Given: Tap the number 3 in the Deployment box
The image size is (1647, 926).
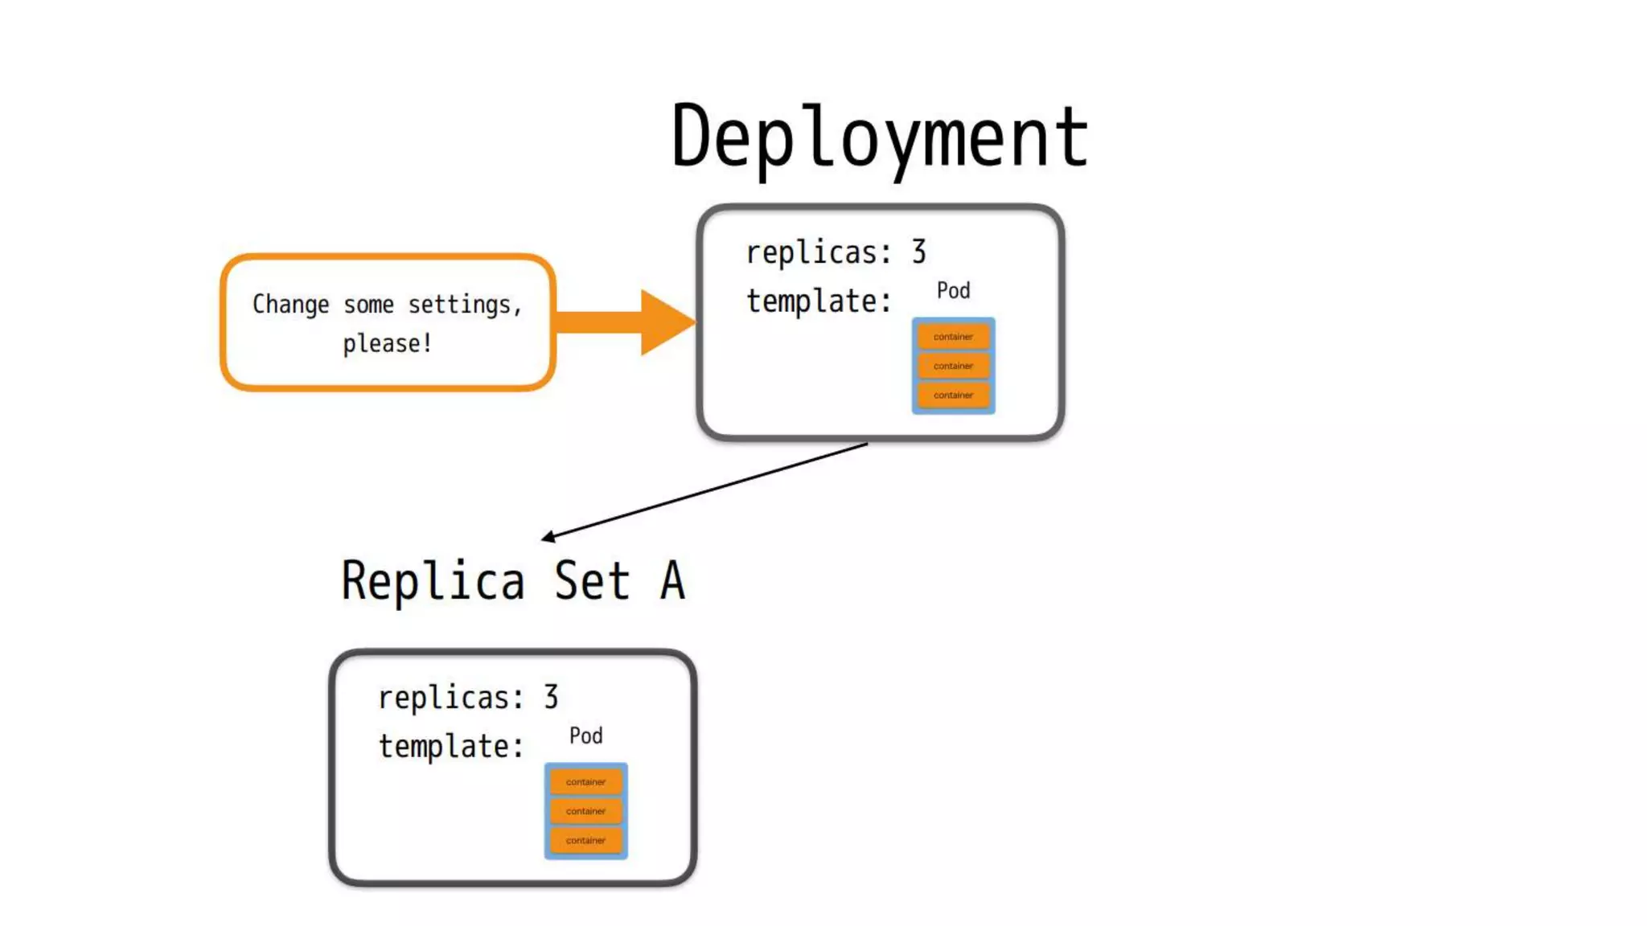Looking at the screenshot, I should pos(918,252).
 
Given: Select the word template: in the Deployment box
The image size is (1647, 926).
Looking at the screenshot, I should pos(819,301).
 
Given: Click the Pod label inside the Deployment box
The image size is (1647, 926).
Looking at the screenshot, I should pos(953,290).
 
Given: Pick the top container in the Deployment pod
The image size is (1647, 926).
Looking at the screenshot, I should pos(953,337).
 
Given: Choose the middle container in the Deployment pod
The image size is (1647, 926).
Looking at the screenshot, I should pos(953,366).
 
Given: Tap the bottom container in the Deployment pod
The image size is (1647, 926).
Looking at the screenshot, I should pos(953,395).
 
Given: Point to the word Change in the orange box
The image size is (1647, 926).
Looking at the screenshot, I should pos(290,305).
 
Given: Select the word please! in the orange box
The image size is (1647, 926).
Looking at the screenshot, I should pos(388,344).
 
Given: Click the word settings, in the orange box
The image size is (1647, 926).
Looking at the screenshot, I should pos(465,305).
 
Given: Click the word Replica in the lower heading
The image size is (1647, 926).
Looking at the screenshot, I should pos(433,580).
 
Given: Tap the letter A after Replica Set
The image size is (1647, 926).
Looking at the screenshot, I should pos(672,580).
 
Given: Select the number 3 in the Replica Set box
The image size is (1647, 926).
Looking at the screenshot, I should pos(551,697).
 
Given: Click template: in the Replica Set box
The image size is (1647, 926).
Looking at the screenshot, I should pos(450,747).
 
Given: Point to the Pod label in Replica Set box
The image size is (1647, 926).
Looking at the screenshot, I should pos(585,735).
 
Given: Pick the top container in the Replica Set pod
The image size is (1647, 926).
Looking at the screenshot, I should pos(585,781).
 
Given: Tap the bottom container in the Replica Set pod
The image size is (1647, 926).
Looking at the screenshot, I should pos(585,840).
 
